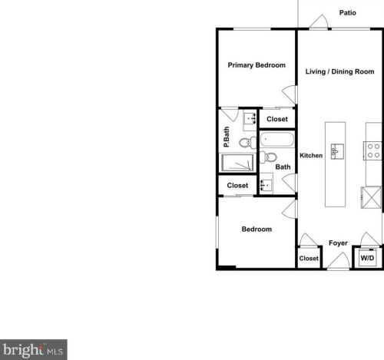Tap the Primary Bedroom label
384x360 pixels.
pos(257,65)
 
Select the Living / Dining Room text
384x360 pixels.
pos(339,72)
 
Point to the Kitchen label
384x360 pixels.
pos(311,155)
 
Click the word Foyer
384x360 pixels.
pos(339,243)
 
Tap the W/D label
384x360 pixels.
pos(367,259)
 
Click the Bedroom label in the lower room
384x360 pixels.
pos(257,229)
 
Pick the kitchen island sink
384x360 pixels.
pos(336,151)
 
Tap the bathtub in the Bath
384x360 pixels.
pos(276,140)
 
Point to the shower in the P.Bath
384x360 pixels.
pos(237,163)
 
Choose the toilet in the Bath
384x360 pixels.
pos(268,157)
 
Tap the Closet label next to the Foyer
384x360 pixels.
pos(309,259)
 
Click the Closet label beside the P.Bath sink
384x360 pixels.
pos(277,119)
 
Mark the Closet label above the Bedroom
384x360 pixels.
pos(237,186)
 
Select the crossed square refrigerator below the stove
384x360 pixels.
pos(372,197)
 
